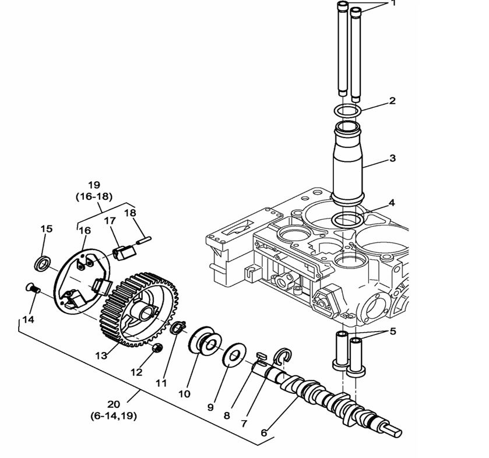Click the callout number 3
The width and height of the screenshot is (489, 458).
pyautogui.click(x=392, y=158)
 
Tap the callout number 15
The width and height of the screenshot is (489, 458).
pyautogui.click(x=46, y=229)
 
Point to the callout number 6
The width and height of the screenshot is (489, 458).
pyautogui.click(x=263, y=433)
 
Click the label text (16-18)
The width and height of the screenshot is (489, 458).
pyautogui.click(x=94, y=197)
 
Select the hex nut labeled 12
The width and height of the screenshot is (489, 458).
pyautogui.click(x=156, y=348)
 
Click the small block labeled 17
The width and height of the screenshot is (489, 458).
pyautogui.click(x=124, y=253)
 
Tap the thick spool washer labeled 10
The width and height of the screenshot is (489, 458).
pyautogui.click(x=203, y=343)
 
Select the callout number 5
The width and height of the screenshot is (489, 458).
pyautogui.click(x=393, y=332)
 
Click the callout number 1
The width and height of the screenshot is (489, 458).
pyautogui.click(x=393, y=3)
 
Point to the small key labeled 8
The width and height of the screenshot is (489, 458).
pyautogui.click(x=260, y=355)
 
